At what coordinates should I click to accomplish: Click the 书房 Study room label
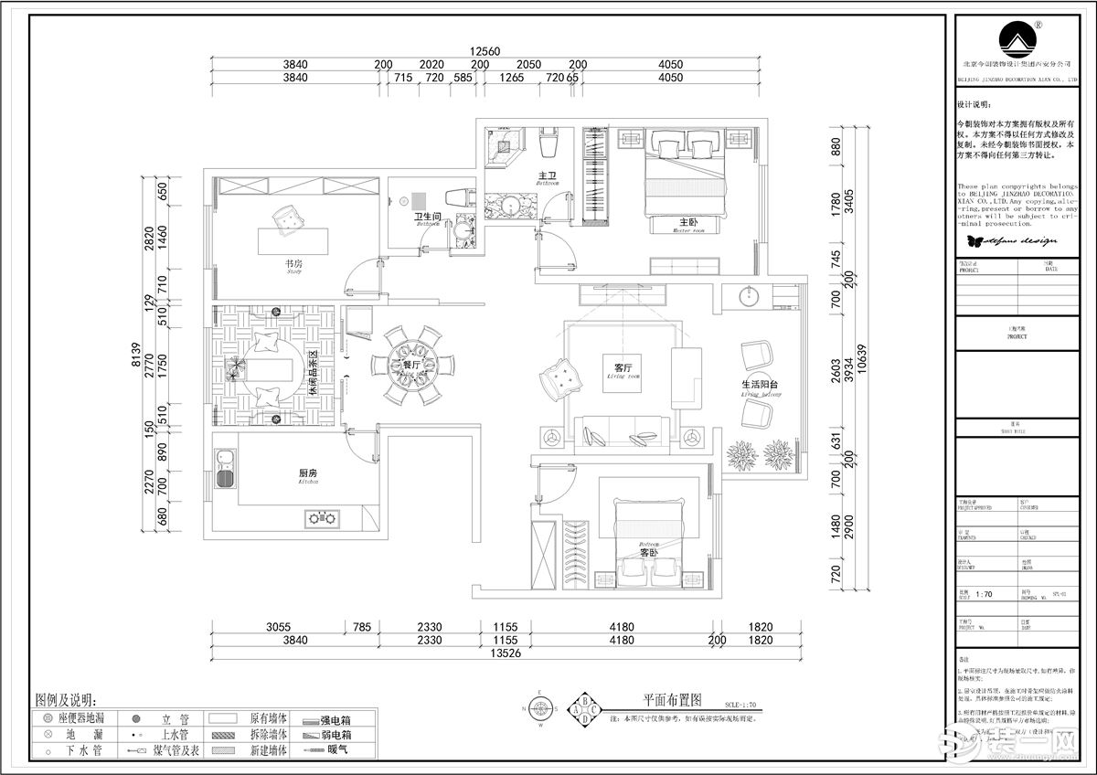tap(293, 265)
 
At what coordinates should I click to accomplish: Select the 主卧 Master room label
tap(688, 224)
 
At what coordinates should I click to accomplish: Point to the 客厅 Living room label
tap(624, 368)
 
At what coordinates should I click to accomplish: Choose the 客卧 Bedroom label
tap(649, 551)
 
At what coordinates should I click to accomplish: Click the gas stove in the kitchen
tap(321, 519)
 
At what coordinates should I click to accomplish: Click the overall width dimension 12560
tap(486, 52)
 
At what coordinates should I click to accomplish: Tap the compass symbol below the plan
tap(540, 708)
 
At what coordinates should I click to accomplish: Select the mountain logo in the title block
tap(1018, 40)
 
